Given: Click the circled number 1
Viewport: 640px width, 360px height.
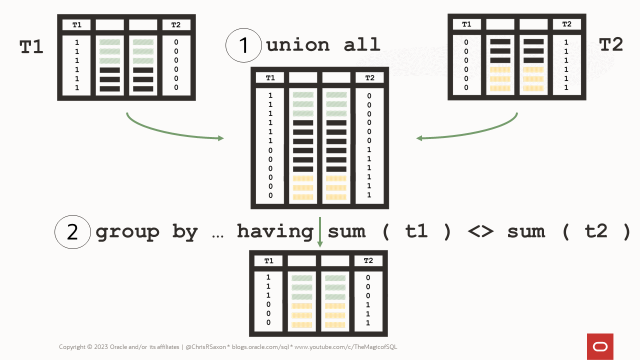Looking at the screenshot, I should [243, 45].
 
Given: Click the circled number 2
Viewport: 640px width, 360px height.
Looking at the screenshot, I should [72, 232].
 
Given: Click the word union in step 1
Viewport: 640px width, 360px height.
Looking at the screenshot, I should [298, 44].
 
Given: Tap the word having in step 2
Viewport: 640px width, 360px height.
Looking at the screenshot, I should [274, 232].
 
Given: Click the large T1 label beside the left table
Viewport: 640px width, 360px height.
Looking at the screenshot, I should [31, 46].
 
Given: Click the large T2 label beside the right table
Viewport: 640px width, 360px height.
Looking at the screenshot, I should [611, 44].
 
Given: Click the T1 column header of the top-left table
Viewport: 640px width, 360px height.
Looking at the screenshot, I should [76, 25].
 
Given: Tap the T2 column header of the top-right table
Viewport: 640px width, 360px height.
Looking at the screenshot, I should [566, 24].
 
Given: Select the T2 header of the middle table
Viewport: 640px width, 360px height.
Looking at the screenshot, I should [369, 77].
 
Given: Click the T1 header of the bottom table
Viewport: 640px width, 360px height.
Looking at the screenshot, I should [268, 260].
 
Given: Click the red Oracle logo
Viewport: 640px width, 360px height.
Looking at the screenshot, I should [600, 346].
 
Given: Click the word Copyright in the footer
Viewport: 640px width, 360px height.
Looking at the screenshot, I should [72, 347].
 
